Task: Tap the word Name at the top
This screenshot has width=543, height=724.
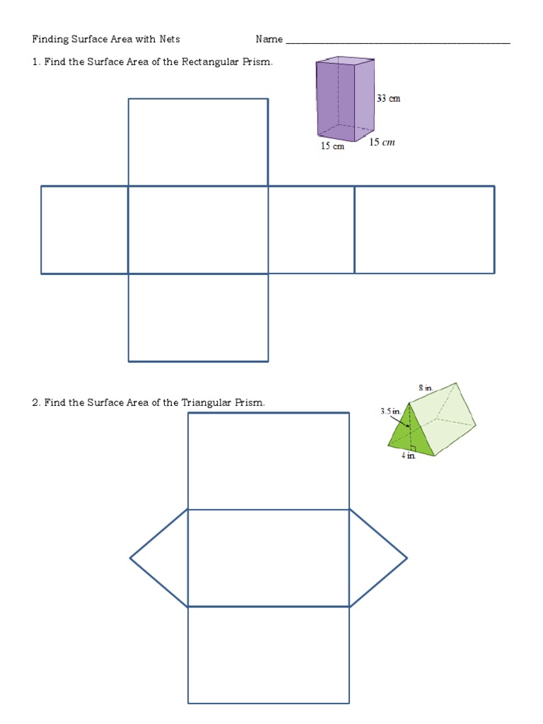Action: tap(269, 39)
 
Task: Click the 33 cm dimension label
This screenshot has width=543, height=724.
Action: tap(388, 98)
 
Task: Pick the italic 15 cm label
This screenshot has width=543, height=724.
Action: tap(382, 142)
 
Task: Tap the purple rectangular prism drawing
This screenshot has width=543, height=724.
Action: tap(344, 99)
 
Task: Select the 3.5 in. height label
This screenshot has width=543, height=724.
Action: tap(390, 410)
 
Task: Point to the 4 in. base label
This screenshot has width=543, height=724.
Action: tap(409, 456)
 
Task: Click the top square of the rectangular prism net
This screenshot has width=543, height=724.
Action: tap(198, 141)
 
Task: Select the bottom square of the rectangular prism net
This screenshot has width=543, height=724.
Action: tap(198, 317)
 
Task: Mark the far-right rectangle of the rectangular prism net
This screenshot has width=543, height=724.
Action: tap(424, 229)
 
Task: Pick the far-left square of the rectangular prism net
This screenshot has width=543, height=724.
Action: tap(84, 229)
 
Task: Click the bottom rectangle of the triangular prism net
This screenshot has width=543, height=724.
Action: tap(269, 655)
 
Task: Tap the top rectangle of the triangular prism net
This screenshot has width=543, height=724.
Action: tap(269, 460)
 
